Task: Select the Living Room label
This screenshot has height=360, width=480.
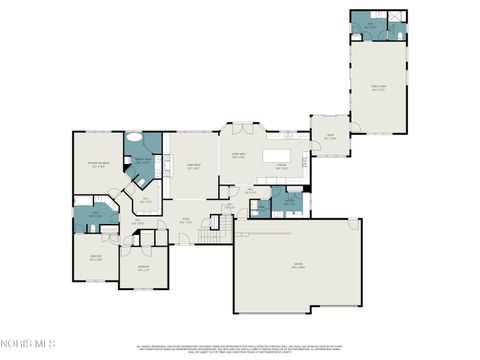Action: click(x=195, y=167)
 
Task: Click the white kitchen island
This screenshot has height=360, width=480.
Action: click(x=274, y=156)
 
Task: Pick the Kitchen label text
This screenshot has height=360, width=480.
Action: click(x=282, y=167)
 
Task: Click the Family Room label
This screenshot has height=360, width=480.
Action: click(x=379, y=87)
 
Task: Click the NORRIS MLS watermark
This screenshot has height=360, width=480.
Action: click(x=29, y=343)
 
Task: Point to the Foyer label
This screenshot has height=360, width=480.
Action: click(x=185, y=220)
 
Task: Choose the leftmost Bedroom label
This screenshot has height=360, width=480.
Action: click(x=96, y=257)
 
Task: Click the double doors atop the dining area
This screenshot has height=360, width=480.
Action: click(x=240, y=127)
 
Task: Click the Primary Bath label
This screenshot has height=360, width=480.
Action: click(x=143, y=161)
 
